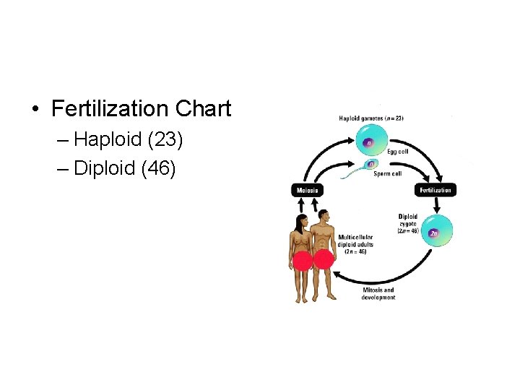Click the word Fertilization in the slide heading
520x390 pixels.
coord(109,109)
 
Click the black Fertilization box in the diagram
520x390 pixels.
coord(435,190)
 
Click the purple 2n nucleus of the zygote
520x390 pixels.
coord(434,233)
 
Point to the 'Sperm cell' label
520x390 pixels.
coord(387,173)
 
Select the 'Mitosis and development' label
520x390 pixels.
coord(378,294)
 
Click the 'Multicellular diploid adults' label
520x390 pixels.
coord(357,243)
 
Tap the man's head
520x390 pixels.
coord(324,216)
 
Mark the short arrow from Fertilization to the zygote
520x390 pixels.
coord(435,204)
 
